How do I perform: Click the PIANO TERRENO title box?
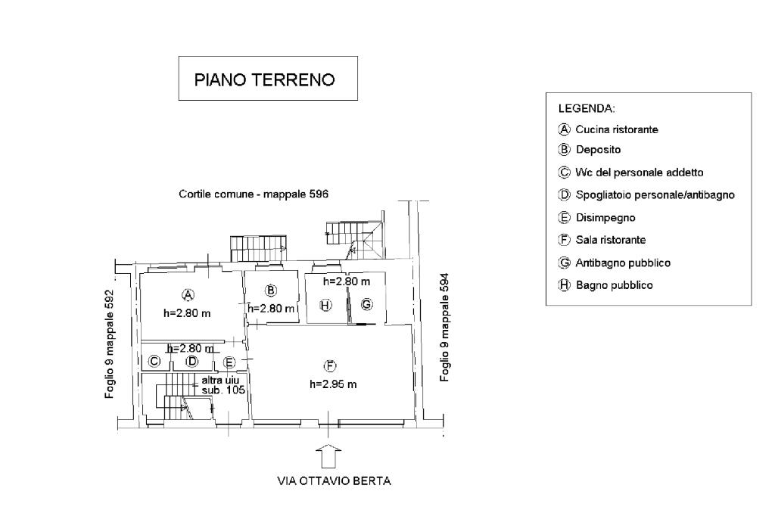tap(267, 79)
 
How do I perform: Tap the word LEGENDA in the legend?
tap(586, 108)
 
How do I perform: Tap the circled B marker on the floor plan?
tap(270, 291)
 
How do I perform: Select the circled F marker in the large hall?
tap(331, 366)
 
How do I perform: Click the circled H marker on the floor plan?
tap(325, 305)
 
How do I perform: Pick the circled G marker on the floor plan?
tap(366, 304)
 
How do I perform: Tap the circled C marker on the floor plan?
tap(154, 362)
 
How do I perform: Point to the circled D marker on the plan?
tap(192, 362)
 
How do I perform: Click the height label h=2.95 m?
tap(333, 384)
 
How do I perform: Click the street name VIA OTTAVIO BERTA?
tap(333, 481)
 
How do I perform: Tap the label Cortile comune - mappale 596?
tap(254, 194)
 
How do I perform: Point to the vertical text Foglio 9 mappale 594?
tap(445, 328)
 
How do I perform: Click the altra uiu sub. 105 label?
tap(219, 385)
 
